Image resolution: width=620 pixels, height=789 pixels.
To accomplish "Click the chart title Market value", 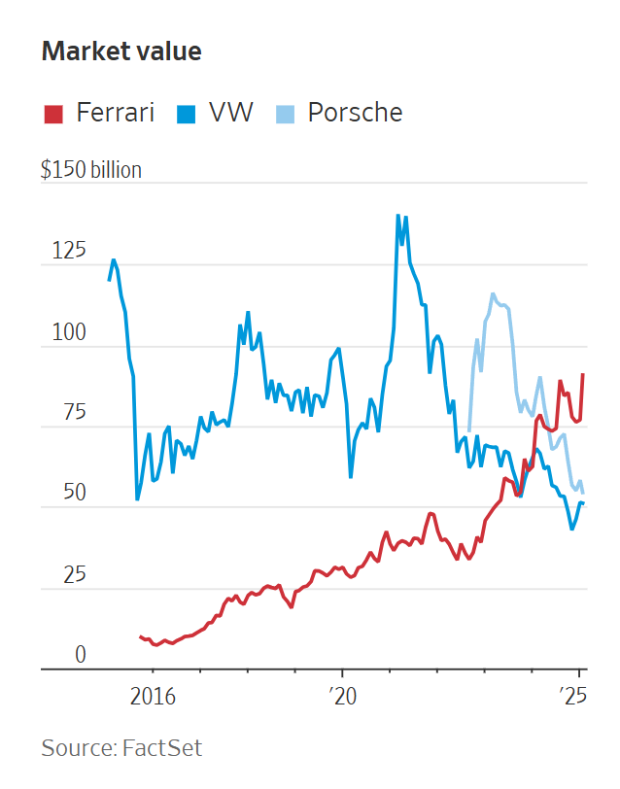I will pyautogui.click(x=121, y=51).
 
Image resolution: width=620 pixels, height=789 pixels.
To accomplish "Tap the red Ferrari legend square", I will pyautogui.click(x=52, y=114).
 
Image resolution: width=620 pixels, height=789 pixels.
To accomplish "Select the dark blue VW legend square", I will pyautogui.click(x=186, y=114).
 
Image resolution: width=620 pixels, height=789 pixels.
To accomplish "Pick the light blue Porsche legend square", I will pyautogui.click(x=284, y=114).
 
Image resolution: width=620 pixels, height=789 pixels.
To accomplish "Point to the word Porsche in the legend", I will pyautogui.click(x=355, y=113).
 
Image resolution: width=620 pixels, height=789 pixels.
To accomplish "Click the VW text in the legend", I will pyautogui.click(x=229, y=113).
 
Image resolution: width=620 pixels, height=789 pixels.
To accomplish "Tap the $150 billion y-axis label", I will pyautogui.click(x=91, y=170).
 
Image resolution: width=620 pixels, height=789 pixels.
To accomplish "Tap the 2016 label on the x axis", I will pyautogui.click(x=152, y=696).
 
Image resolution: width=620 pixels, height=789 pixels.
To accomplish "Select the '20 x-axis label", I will pyautogui.click(x=342, y=696).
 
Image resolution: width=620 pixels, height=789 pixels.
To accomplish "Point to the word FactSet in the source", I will pyautogui.click(x=162, y=748).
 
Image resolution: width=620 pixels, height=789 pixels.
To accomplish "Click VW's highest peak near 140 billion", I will pyautogui.click(x=397, y=216).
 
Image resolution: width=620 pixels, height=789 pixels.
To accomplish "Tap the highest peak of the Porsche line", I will pyautogui.click(x=493, y=293).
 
